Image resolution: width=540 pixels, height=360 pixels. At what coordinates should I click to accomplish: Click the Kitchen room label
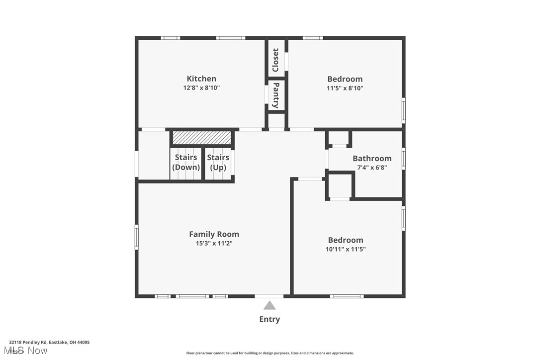click(x=201, y=79)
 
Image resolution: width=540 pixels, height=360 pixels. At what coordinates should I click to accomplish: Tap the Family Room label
click(x=214, y=234)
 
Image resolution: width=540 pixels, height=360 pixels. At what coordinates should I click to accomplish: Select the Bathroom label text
click(x=372, y=159)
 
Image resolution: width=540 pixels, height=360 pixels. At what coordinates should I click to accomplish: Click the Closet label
click(x=275, y=60)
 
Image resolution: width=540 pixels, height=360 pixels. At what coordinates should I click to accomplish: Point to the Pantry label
click(x=276, y=95)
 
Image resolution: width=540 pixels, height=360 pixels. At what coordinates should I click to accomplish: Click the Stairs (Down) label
click(x=186, y=162)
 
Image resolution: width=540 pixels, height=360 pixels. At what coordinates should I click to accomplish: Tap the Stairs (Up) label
click(x=218, y=162)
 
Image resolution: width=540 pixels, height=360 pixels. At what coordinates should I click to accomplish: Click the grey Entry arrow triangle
click(x=270, y=306)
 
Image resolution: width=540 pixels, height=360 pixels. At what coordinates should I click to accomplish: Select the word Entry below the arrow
click(x=270, y=319)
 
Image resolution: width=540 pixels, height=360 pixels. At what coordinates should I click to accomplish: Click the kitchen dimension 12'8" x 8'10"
click(x=201, y=88)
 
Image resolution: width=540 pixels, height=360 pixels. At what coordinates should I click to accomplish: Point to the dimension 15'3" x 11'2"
click(x=214, y=243)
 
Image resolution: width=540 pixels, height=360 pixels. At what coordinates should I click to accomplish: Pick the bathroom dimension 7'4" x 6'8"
click(x=372, y=168)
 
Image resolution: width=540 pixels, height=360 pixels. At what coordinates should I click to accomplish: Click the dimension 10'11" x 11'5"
click(x=346, y=249)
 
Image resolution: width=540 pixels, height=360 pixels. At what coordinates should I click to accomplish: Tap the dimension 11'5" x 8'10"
click(x=345, y=88)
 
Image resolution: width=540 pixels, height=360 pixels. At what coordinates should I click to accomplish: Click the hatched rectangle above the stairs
click(x=202, y=138)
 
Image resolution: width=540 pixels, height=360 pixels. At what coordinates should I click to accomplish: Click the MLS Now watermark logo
click(x=26, y=351)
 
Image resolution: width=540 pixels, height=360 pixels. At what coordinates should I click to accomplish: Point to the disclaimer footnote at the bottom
click(x=270, y=353)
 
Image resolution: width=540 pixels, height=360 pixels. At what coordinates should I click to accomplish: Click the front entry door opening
click(x=270, y=296)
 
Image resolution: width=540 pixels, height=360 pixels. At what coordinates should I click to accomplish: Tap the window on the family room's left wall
click(x=136, y=237)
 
